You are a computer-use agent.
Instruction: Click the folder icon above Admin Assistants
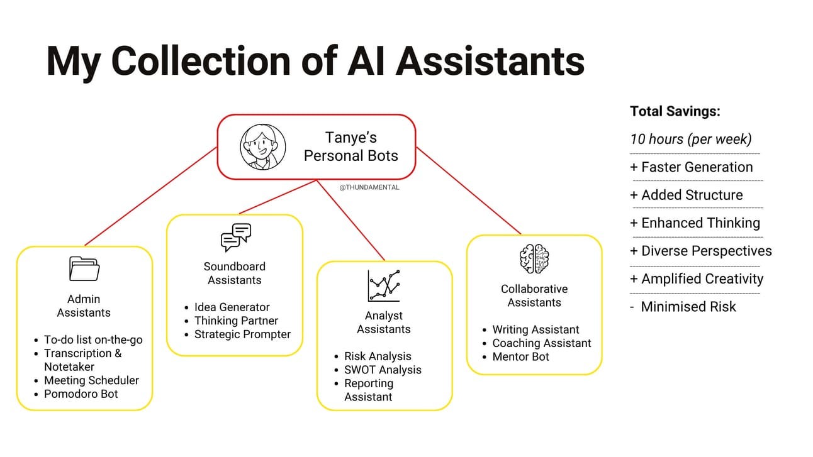click(x=84, y=268)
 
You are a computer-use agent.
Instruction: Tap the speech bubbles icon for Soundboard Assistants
click(x=235, y=238)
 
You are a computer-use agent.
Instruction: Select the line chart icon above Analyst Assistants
click(x=384, y=285)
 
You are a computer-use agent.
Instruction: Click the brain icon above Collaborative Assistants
click(x=534, y=259)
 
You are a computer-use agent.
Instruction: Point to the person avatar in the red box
click(x=262, y=146)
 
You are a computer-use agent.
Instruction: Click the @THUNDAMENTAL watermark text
click(x=369, y=187)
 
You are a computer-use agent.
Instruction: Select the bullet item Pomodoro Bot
click(x=81, y=394)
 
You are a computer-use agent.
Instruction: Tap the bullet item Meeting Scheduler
click(x=91, y=380)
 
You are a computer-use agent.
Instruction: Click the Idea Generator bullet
click(x=232, y=307)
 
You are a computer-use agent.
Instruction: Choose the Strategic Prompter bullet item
click(x=242, y=334)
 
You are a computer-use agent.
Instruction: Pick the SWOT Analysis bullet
click(x=383, y=370)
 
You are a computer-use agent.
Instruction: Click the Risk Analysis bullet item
click(x=378, y=356)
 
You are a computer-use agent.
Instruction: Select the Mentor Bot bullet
click(x=520, y=356)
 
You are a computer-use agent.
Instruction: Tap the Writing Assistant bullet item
click(x=535, y=329)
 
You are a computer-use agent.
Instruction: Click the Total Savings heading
click(x=675, y=111)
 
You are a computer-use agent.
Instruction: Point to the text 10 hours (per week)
click(x=690, y=139)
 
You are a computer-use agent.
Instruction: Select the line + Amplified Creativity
click(x=696, y=278)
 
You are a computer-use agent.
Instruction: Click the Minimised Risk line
click(x=688, y=307)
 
